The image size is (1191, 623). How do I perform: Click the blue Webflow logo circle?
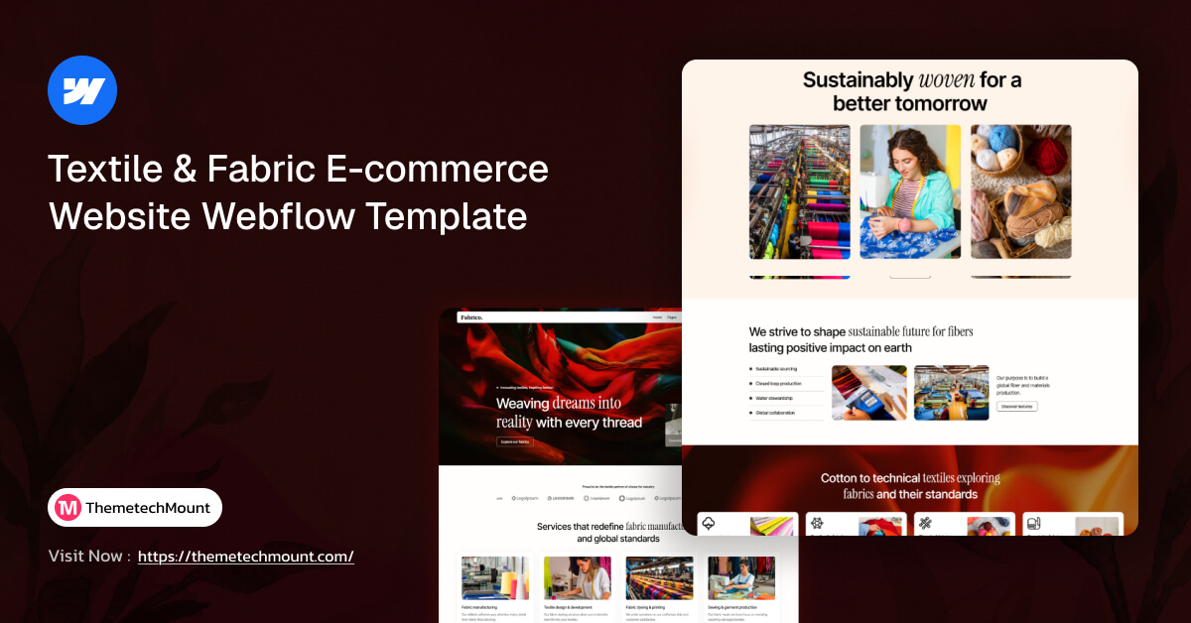click(x=82, y=90)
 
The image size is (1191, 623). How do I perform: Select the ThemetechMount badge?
click(x=135, y=507)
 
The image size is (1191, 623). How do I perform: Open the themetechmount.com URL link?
click(x=245, y=557)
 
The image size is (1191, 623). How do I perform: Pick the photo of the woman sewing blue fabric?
click(x=910, y=191)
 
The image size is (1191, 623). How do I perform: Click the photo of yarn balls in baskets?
click(x=1020, y=191)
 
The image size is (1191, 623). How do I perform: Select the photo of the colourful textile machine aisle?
click(x=799, y=191)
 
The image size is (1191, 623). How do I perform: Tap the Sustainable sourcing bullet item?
click(x=783, y=368)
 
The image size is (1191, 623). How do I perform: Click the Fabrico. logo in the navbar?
click(x=471, y=317)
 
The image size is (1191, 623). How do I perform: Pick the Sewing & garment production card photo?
click(x=741, y=578)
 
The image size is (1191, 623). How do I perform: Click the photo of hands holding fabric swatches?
click(x=869, y=393)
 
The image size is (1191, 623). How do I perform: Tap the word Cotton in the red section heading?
click(x=840, y=478)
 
